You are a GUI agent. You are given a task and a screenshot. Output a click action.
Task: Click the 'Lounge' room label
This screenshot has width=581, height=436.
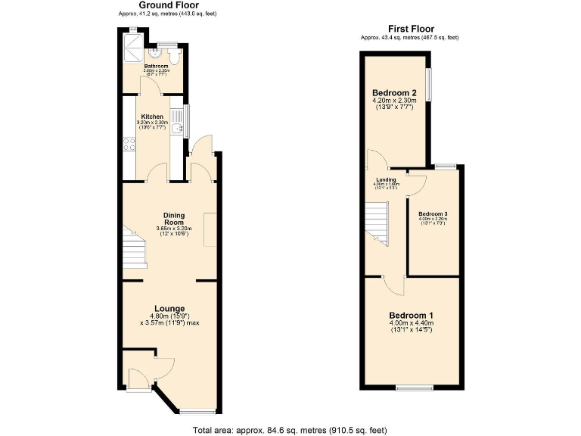point(169,308)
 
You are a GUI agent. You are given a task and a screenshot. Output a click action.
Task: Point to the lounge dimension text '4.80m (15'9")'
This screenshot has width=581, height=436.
point(169,316)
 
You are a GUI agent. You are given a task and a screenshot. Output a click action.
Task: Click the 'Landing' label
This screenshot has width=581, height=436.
point(385,179)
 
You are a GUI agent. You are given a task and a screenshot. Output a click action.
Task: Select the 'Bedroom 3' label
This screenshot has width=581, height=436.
point(433,213)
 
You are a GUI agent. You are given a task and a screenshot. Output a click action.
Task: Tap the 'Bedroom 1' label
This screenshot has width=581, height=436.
point(412,315)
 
